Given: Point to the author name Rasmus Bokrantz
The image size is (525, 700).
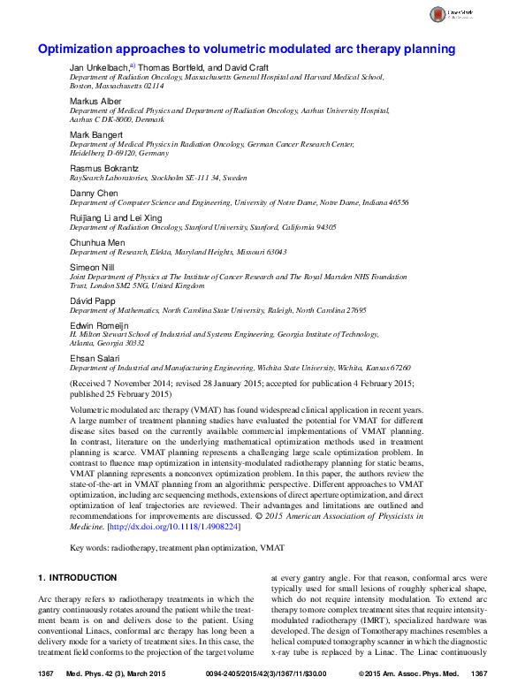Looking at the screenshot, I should click(103, 168).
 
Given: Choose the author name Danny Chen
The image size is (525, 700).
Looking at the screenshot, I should click(92, 192).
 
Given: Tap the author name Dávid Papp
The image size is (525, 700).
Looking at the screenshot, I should click(93, 300).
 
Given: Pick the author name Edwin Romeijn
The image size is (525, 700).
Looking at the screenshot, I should click(99, 324).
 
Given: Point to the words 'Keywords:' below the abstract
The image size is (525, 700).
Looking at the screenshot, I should click(90, 548).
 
